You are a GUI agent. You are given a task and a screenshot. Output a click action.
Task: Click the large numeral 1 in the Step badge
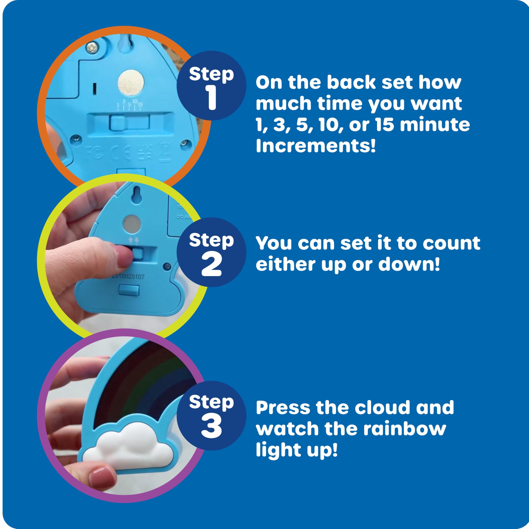[x=212, y=98]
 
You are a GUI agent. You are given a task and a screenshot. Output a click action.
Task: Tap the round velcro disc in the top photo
[x=131, y=82]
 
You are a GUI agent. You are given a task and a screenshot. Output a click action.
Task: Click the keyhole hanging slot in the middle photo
[x=137, y=195]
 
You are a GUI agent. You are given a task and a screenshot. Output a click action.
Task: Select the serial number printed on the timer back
[x=128, y=276]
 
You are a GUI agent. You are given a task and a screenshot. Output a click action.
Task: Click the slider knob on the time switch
[x=117, y=122]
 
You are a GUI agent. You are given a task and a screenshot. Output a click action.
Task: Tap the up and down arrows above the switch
[x=134, y=240]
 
